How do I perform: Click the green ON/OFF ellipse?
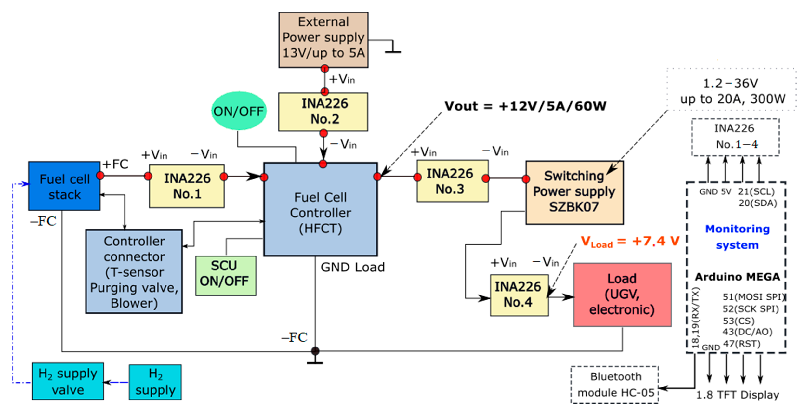point(239,111)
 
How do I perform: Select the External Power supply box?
point(323,40)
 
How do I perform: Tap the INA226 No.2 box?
point(323,111)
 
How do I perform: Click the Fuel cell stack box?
point(64,186)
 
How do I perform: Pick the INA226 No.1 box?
point(187,186)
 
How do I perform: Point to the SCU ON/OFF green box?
point(226,276)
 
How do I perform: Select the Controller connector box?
point(134,272)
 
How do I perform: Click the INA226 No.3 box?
point(452,181)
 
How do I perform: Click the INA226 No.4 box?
point(519,295)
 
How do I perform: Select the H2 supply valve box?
point(68,381)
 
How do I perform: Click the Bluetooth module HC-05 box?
point(615,385)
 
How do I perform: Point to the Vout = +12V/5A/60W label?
point(525,106)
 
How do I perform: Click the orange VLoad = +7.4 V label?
point(630,241)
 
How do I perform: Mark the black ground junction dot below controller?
point(315,351)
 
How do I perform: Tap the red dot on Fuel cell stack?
point(100,176)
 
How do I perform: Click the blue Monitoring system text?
point(737,237)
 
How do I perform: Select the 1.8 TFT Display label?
point(737,395)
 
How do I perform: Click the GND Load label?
point(353,267)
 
